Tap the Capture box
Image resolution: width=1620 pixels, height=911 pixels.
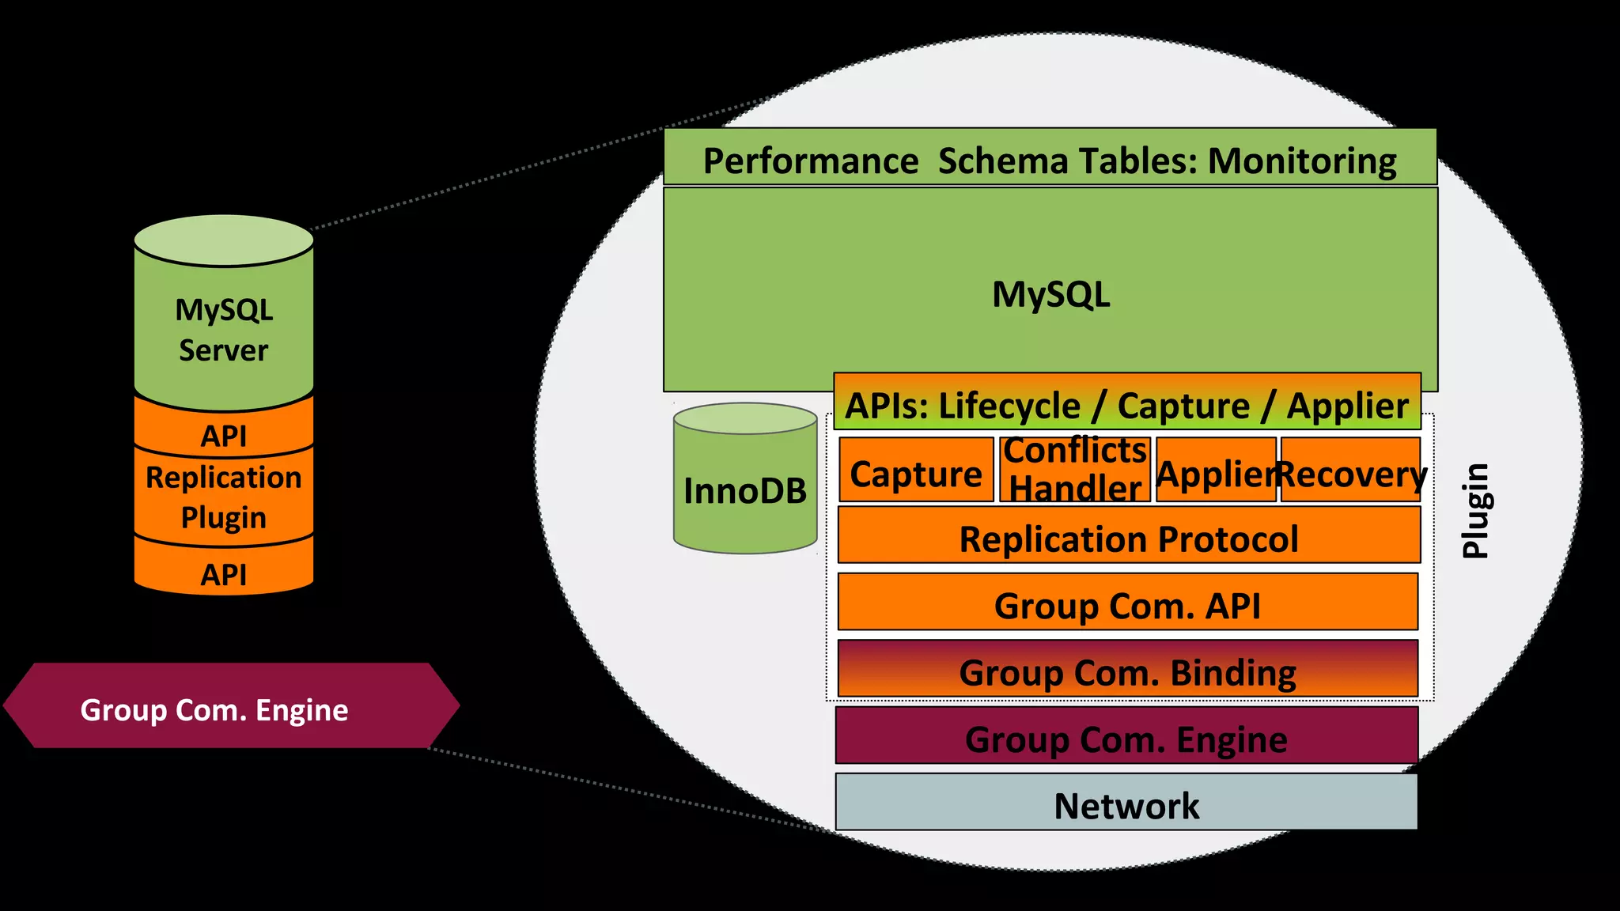pyautogui.click(x=915, y=472)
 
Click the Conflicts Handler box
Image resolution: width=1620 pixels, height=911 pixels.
pyautogui.click(x=1074, y=470)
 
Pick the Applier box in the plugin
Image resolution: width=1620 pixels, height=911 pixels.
pyautogui.click(x=1215, y=473)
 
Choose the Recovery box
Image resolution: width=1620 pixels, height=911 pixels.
pyautogui.click(x=1350, y=473)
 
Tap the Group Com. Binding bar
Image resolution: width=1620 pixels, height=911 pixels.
pyautogui.click(x=1127, y=671)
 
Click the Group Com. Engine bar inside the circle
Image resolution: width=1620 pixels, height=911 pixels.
pyautogui.click(x=1126, y=737)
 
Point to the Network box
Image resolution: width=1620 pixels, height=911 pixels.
pyautogui.click(x=1126, y=803)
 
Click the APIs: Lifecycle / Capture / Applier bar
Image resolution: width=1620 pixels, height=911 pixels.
pyautogui.click(x=1126, y=404)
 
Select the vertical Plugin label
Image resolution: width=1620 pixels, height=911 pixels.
pyautogui.click(x=1475, y=511)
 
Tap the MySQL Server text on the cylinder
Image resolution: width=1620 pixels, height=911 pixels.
pyautogui.click(x=224, y=329)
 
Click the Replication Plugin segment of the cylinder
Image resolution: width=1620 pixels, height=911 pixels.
pyautogui.click(x=224, y=497)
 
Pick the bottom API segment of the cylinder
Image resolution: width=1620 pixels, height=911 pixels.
pyautogui.click(x=224, y=573)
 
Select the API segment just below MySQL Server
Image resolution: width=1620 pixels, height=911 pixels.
pyautogui.click(x=224, y=433)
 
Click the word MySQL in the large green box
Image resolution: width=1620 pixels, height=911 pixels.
pyautogui.click(x=1050, y=293)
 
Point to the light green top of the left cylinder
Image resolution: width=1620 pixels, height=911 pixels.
pyautogui.click(x=224, y=240)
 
